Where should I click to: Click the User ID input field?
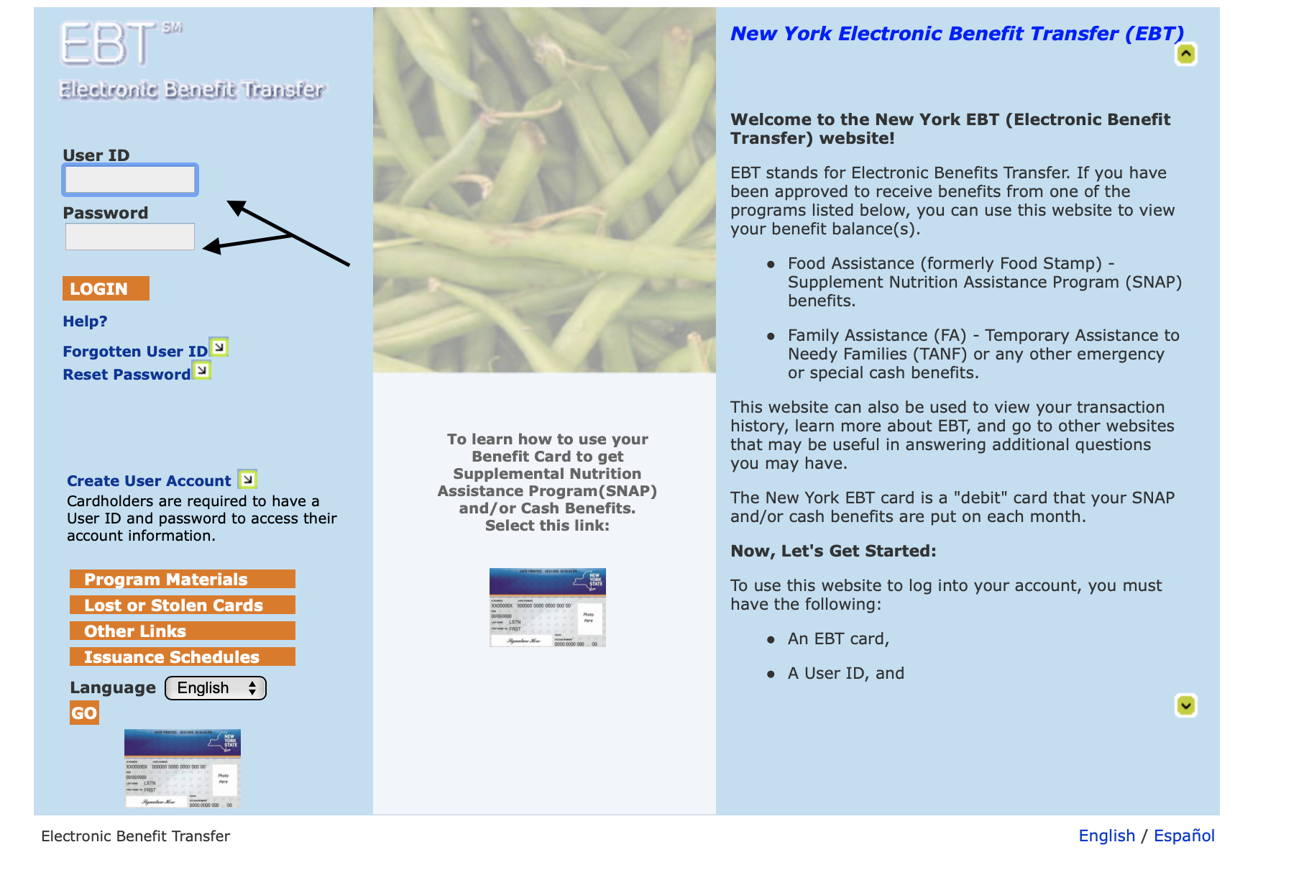pyautogui.click(x=129, y=180)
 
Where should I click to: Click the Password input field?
pyautogui.click(x=129, y=237)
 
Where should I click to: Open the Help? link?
pyautogui.click(x=85, y=321)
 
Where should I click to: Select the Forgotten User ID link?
pyautogui.click(x=135, y=352)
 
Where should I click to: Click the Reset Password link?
pyautogui.click(x=127, y=375)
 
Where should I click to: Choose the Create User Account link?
pyautogui.click(x=149, y=481)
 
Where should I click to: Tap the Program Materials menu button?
pyautogui.click(x=182, y=579)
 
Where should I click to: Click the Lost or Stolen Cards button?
pyautogui.click(x=182, y=605)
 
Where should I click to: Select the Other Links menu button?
pyautogui.click(x=182, y=631)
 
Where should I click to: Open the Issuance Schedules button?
pyautogui.click(x=182, y=656)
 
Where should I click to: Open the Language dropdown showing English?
pyautogui.click(x=216, y=688)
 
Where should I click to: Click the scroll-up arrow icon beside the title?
pyautogui.click(x=1185, y=54)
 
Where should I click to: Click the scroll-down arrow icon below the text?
pyautogui.click(x=1185, y=705)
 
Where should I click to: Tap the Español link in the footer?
pyautogui.click(x=1184, y=836)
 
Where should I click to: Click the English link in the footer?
pyautogui.click(x=1106, y=836)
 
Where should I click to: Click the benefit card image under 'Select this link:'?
pyautogui.click(x=547, y=608)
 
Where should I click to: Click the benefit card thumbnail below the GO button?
pyautogui.click(x=182, y=769)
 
